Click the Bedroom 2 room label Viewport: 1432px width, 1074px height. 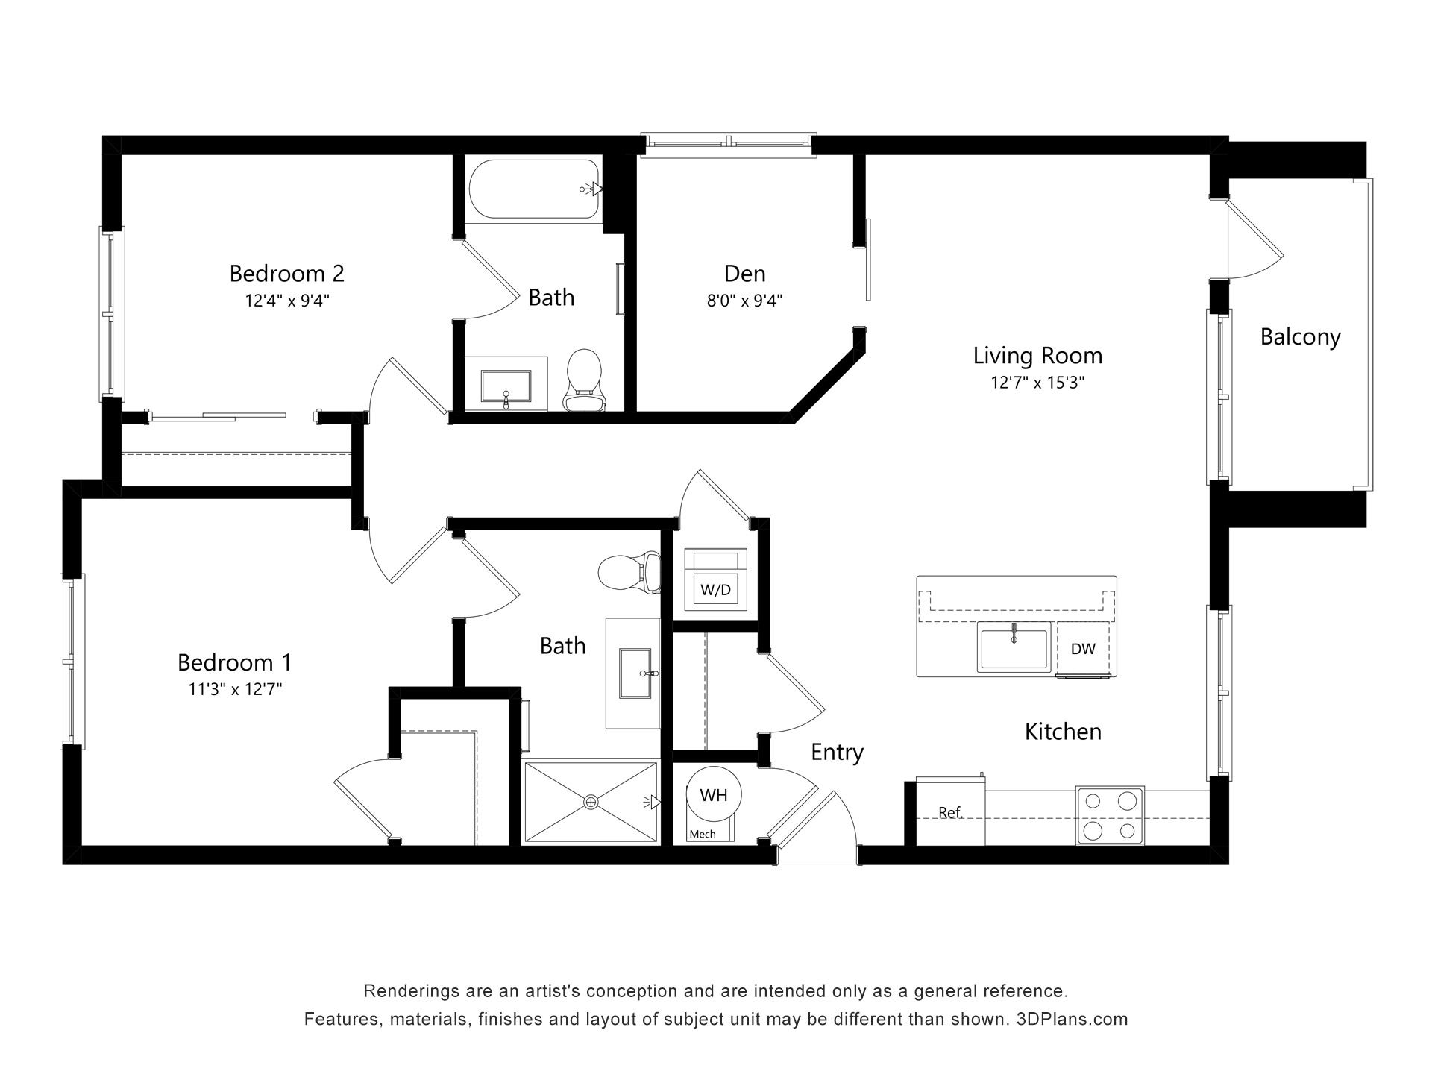coord(286,274)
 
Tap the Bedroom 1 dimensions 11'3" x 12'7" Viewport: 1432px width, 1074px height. coord(235,689)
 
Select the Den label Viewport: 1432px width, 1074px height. coord(744,274)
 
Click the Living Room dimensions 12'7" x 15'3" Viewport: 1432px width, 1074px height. coord(1037,383)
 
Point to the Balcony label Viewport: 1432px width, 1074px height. coord(1300,337)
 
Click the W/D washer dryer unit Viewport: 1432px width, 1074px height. coord(715,581)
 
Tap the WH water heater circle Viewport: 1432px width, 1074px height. coord(713,795)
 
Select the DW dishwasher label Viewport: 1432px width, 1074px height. coord(1083,649)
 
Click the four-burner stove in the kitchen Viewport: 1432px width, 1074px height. coord(1110,815)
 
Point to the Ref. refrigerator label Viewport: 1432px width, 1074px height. coord(951,812)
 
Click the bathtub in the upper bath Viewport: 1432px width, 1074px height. coord(535,190)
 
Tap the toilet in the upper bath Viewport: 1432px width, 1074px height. coord(584,381)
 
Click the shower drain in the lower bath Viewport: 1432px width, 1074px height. coord(591,802)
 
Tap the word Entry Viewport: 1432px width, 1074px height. coord(837,753)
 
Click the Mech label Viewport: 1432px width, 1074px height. coord(702,834)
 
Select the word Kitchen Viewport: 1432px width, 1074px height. coord(1063,732)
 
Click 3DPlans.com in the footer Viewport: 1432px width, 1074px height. coord(1072,1019)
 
